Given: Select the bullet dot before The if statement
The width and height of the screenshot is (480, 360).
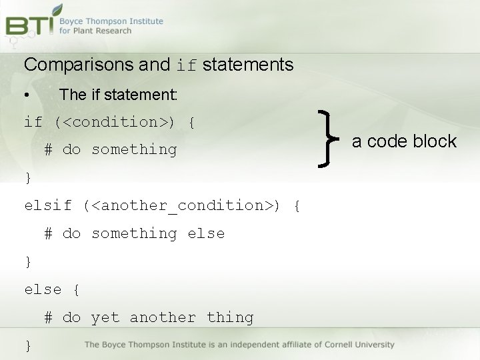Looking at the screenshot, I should tap(25, 95).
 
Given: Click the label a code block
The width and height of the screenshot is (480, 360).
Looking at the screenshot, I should tap(404, 141).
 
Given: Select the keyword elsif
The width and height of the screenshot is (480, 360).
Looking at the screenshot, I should tap(48, 206).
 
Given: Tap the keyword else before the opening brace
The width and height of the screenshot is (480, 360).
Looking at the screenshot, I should tap(43, 289).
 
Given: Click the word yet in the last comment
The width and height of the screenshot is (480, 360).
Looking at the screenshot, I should tap(105, 317).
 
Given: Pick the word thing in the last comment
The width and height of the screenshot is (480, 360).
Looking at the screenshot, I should tap(230, 317).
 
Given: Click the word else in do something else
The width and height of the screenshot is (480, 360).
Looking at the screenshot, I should tap(206, 233).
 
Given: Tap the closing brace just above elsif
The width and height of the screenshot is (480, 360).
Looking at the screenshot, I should tap(28, 178).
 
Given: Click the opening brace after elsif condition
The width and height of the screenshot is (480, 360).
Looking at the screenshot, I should tap(297, 206).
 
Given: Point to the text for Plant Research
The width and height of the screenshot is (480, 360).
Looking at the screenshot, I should tap(95, 31).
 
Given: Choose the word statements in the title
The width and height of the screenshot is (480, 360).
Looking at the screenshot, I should tap(247, 65).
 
